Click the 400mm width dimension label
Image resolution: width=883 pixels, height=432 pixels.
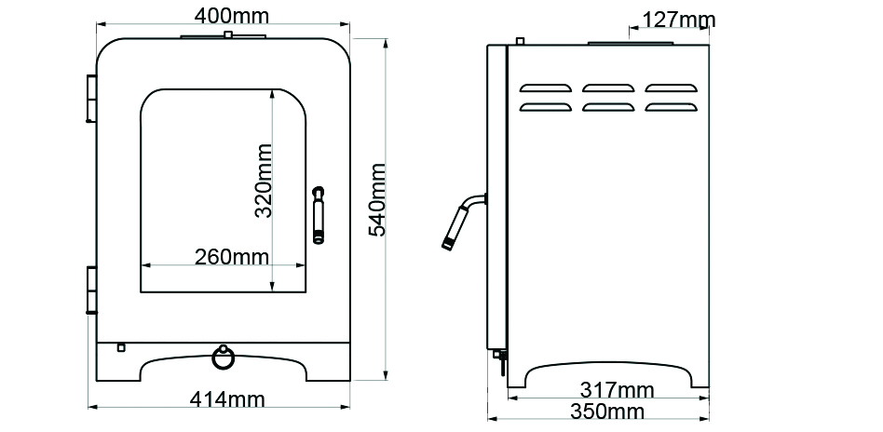pos(231,16)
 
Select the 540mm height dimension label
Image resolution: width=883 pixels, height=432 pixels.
pos(376,199)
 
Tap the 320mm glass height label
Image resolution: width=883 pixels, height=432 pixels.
pos(264,181)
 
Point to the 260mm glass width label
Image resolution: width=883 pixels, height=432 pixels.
pos(231,257)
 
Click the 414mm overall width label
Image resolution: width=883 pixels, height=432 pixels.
pos(227,399)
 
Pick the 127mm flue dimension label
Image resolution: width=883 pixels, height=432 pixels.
pos(679,20)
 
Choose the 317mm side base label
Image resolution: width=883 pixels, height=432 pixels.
pos(618,389)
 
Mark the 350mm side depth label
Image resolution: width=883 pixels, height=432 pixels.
pos(607,412)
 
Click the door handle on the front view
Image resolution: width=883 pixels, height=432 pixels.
pos(319,215)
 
